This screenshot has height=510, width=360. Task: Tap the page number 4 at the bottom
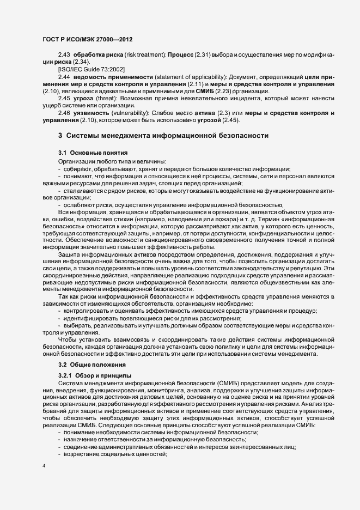point(44,466)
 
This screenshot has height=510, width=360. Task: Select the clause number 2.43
point(64,57)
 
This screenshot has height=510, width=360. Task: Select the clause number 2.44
point(64,78)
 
